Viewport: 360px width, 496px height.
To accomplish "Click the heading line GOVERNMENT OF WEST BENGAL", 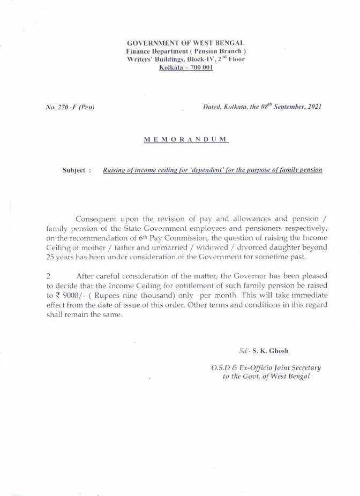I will click(x=186, y=42).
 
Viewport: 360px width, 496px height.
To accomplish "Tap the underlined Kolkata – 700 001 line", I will click(x=186, y=68).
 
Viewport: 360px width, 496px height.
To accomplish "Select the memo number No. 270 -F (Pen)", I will click(x=70, y=107).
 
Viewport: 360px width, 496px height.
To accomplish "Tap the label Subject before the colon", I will click(x=73, y=170).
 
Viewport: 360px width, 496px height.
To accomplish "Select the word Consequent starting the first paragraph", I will click(x=97, y=219).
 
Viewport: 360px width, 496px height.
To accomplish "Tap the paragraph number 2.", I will click(x=49, y=276).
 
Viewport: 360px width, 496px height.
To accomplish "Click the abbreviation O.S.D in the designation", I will click(x=222, y=368).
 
